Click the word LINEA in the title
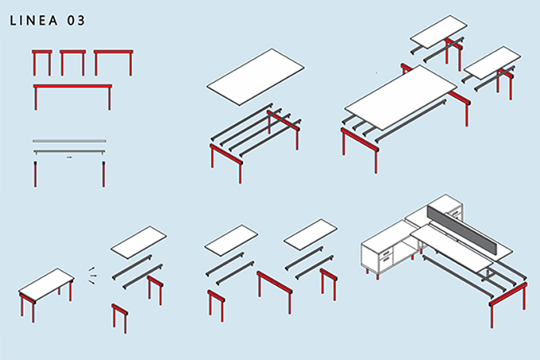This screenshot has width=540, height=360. pyautogui.click(x=33, y=21)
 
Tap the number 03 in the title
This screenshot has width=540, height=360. pyautogui.click(x=75, y=21)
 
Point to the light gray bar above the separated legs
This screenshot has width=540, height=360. pyautogui.click(x=70, y=141)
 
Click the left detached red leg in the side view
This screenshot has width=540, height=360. pyautogui.click(x=35, y=174)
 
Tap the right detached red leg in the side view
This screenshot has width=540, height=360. pyautogui.click(x=103, y=174)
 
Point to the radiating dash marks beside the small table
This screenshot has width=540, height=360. pyautogui.click(x=91, y=275)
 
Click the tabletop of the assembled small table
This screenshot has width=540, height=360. pyautogui.click(x=47, y=285)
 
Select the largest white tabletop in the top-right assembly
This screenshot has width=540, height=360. pyautogui.click(x=400, y=97)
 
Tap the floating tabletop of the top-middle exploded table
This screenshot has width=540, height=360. pyautogui.click(x=256, y=76)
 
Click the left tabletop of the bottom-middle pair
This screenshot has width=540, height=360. pyautogui.click(x=231, y=241)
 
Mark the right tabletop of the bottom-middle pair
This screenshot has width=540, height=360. pyautogui.click(x=310, y=235)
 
